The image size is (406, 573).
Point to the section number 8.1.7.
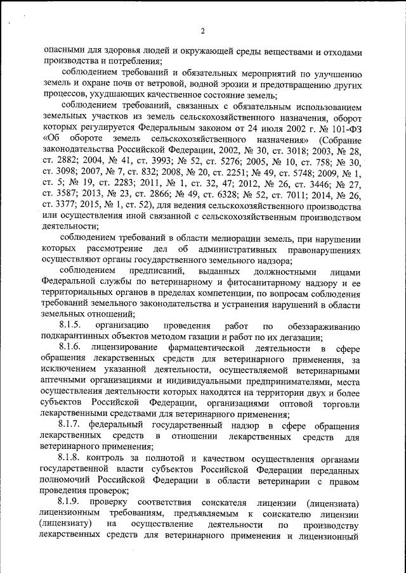[x=70, y=423]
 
